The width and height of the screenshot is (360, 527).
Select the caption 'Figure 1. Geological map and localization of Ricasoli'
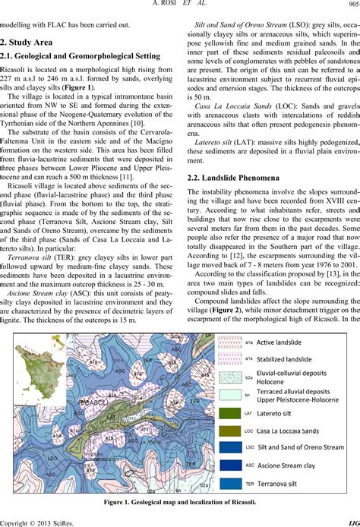coord(179,501)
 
